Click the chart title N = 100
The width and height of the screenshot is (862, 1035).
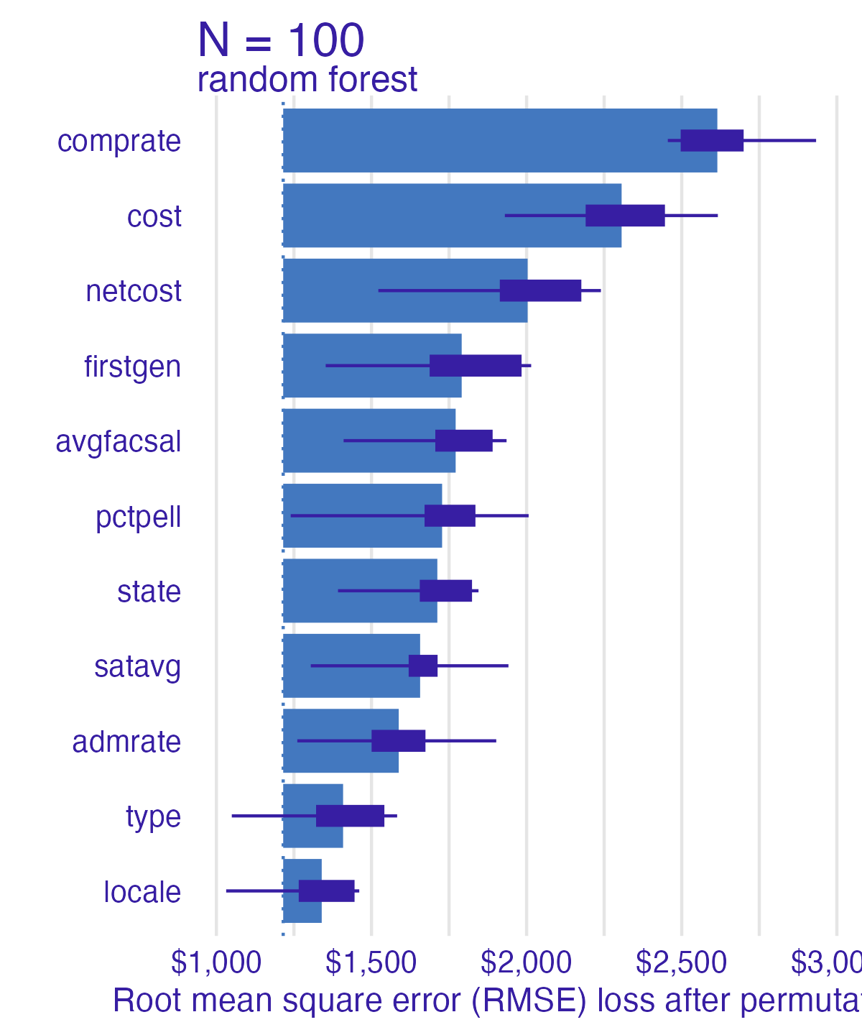coord(281,40)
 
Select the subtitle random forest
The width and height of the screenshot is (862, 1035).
coord(307,79)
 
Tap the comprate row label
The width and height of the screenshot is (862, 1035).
coord(119,141)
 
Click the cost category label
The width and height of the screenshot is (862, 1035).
coord(154,216)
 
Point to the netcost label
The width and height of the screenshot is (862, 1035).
coord(134,291)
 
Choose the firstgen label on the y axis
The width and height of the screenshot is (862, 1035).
coord(132,367)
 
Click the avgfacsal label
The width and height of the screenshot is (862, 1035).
coord(119,441)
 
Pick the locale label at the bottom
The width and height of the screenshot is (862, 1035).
coord(142,892)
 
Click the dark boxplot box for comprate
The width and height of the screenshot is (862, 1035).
coord(712,141)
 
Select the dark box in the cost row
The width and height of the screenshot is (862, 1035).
coord(625,216)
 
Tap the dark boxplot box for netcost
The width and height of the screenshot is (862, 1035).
coord(540,290)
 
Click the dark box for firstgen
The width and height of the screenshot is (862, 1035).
coord(476,366)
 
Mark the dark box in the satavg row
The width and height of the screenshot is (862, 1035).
coord(423,666)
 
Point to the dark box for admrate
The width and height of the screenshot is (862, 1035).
coord(398,741)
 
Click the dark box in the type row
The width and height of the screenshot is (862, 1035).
coord(350,816)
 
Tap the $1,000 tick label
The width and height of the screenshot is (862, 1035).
coord(216,962)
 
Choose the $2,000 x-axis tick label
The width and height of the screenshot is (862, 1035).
coord(527,962)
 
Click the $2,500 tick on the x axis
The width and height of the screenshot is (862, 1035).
coord(682,962)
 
